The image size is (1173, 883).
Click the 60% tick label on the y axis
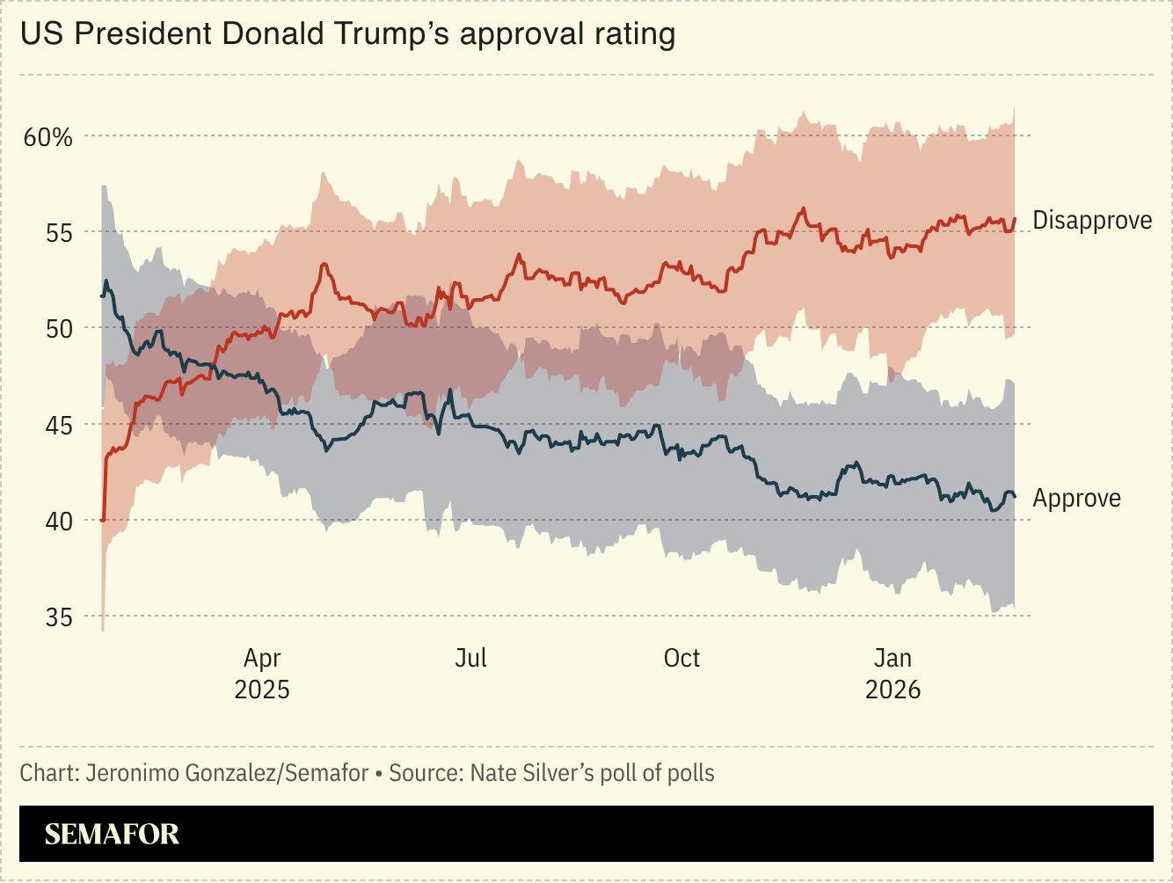coord(47,137)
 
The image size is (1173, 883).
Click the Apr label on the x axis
coord(262,659)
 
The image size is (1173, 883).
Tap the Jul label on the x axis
coord(471,658)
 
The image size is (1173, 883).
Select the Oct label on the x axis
coord(681,658)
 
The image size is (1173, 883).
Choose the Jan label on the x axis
coord(892,658)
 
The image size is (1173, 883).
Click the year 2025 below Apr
coord(262,689)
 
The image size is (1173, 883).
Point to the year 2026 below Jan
coord(892,689)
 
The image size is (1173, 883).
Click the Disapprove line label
coord(1092,220)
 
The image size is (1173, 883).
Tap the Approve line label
coord(1076,499)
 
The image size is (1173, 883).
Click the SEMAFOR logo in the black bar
coord(112,834)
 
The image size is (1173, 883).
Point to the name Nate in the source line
coord(495,773)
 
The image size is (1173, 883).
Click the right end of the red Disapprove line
coord(1015,219)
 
